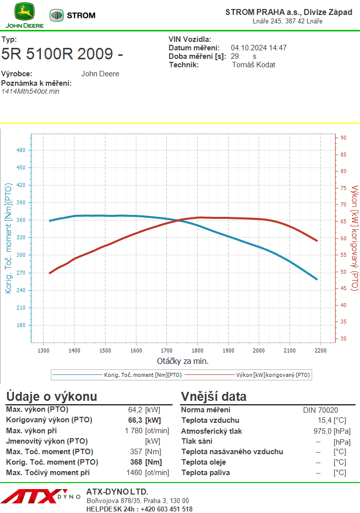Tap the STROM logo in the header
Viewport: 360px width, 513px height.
tap(72, 15)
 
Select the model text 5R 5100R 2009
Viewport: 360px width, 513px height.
tap(62, 54)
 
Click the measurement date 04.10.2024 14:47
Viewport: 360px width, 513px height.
tap(258, 48)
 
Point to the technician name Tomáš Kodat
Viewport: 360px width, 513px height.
tap(254, 65)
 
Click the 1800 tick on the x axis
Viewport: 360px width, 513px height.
tap(197, 350)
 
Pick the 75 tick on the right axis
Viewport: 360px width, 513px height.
tap(343, 187)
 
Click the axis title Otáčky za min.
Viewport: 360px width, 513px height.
tap(182, 361)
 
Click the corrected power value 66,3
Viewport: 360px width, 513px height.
tap(135, 420)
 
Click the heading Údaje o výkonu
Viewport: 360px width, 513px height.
tap(51, 397)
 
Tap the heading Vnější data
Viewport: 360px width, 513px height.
tap(213, 397)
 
